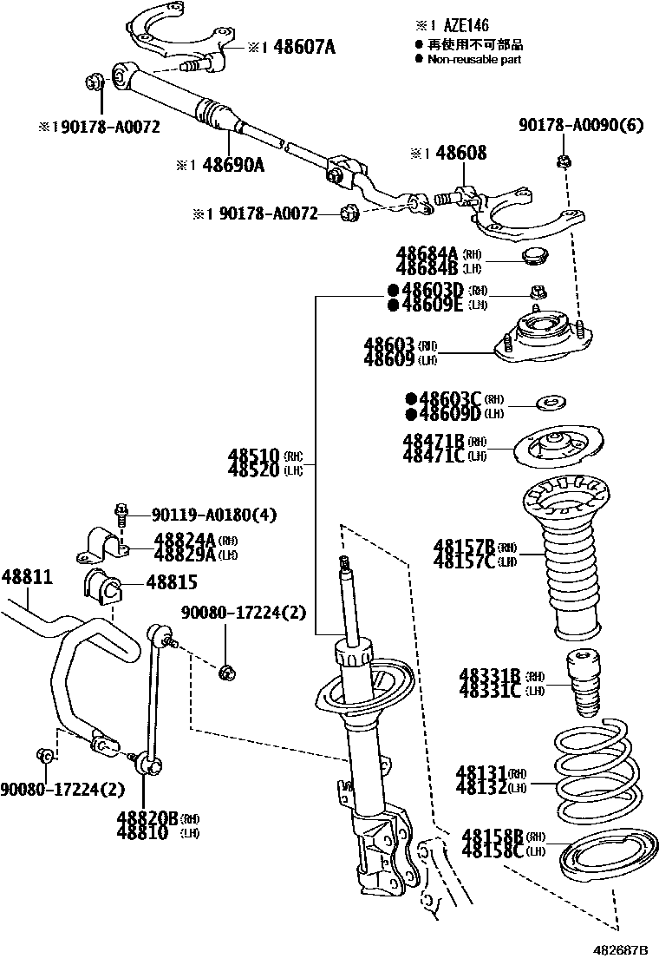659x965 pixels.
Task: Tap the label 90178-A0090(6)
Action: [582, 126]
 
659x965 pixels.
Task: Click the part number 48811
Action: [26, 577]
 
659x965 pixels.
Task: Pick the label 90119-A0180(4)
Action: [213, 515]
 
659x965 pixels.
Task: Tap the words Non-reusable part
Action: [475, 60]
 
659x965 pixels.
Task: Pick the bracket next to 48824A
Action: [105, 543]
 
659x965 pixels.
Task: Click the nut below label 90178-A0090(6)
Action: [564, 160]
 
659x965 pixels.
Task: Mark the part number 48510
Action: [254, 455]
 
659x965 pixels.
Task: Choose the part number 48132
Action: [483, 787]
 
